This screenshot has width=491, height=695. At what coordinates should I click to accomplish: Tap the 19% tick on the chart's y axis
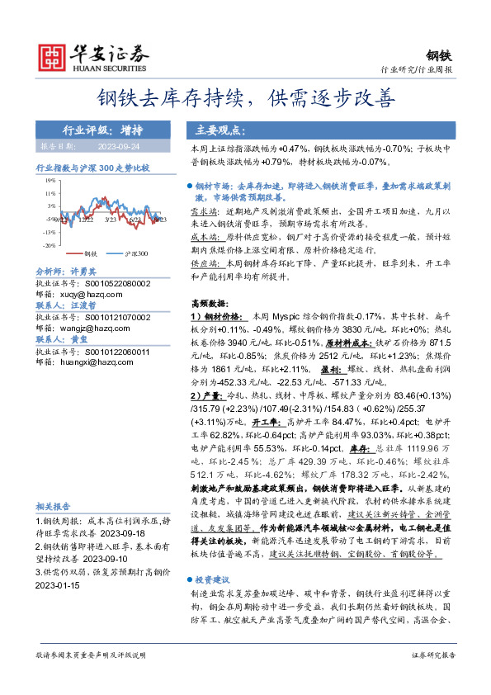click(50, 180)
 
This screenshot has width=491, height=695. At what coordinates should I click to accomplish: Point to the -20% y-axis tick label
click(50, 245)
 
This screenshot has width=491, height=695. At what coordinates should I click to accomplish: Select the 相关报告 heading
click(53, 506)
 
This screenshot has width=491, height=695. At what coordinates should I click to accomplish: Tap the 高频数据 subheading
click(207, 304)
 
